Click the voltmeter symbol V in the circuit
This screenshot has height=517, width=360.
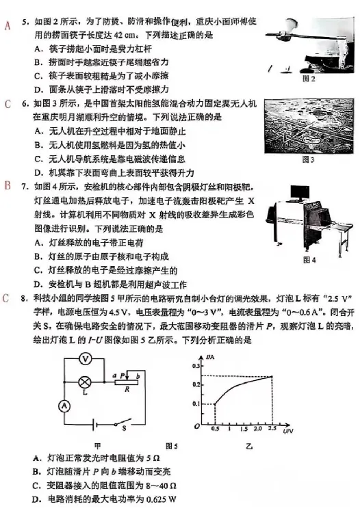tap(102, 358)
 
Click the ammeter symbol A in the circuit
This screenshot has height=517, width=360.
tap(64, 405)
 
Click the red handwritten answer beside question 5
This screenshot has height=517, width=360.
tap(8, 27)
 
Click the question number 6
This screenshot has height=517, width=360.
tap(25, 105)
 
